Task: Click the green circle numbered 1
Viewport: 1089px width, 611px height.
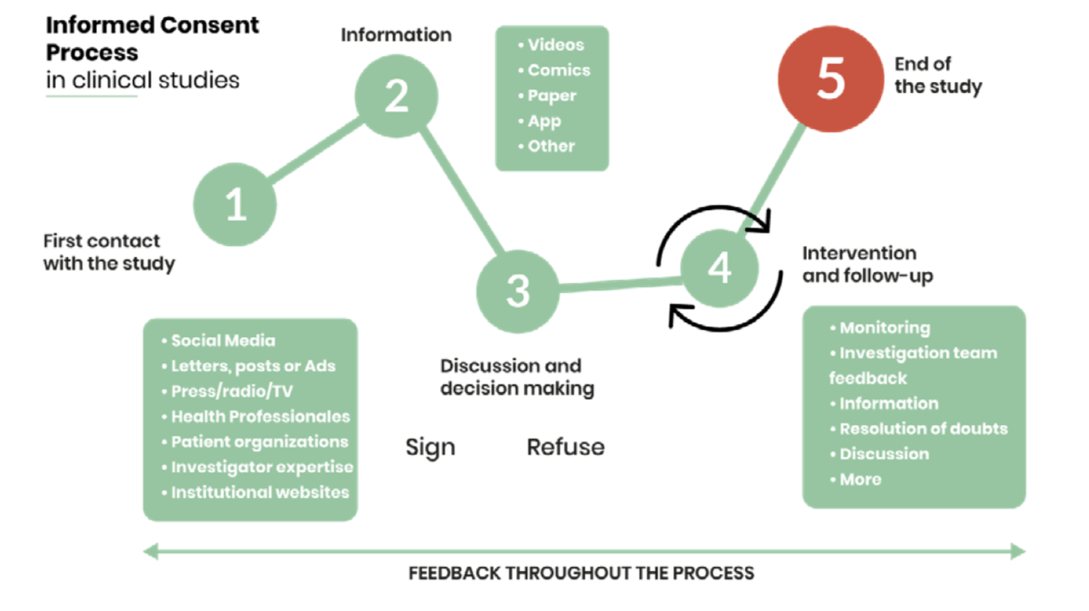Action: tap(236, 204)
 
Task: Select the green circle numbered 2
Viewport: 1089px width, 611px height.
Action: tap(396, 97)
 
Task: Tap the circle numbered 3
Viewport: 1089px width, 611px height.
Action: tap(518, 290)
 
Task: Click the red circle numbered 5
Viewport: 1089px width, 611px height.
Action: tap(830, 79)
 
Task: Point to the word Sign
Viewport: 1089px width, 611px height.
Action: tap(430, 447)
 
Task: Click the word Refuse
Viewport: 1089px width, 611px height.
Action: tap(565, 447)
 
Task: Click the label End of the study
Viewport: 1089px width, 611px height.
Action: tap(938, 74)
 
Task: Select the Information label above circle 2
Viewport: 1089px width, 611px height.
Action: tap(396, 35)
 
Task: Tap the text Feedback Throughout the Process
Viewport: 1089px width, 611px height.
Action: tap(581, 574)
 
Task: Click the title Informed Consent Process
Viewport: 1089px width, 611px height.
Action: tap(152, 39)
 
